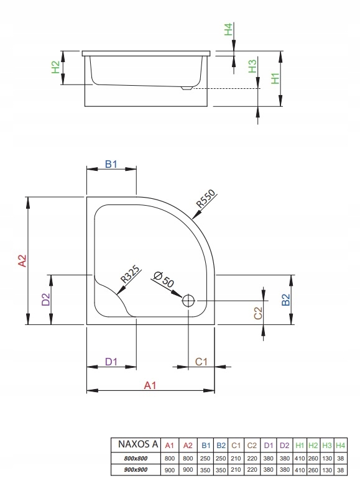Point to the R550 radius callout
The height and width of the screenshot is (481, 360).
(x=206, y=199)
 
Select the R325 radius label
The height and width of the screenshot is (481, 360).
(x=130, y=274)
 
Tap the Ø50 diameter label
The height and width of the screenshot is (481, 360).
(x=164, y=279)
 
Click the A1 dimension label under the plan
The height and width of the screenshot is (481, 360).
(x=150, y=385)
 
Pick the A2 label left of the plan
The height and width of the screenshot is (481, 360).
(x=23, y=261)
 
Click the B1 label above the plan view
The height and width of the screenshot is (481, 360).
(x=111, y=164)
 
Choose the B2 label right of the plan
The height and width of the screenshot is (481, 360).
(x=285, y=300)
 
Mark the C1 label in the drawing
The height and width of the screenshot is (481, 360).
(x=201, y=362)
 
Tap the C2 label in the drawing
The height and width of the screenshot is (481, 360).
(x=258, y=313)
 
